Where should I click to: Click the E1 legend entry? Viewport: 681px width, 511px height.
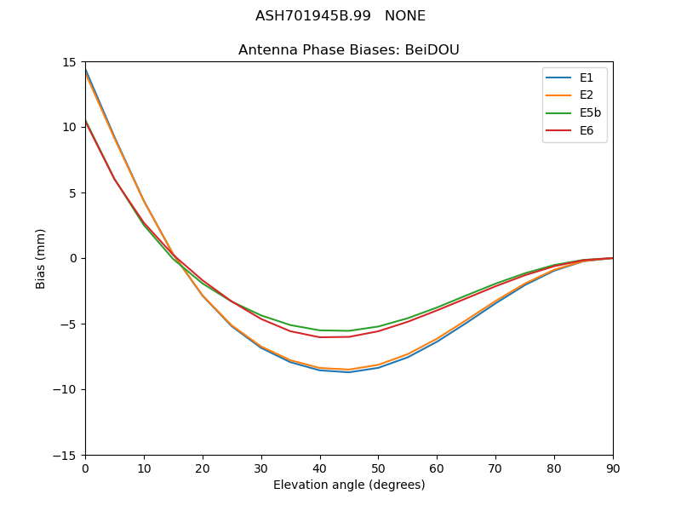[x=587, y=78]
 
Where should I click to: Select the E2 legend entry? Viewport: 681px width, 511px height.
[x=587, y=95]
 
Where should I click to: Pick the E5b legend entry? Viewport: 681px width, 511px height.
[x=590, y=113]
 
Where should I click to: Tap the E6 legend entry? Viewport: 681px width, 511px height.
[x=587, y=131]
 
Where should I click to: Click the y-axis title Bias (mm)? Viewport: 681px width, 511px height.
[x=41, y=258]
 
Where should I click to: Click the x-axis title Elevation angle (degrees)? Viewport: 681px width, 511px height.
[x=349, y=485]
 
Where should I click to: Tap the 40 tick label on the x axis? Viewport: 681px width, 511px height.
[x=320, y=468]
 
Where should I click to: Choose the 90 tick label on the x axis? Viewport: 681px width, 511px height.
[x=613, y=468]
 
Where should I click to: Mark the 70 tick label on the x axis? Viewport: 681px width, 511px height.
[x=495, y=468]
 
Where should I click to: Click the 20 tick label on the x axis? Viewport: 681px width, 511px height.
[x=203, y=468]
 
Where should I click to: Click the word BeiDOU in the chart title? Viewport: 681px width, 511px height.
[x=432, y=50]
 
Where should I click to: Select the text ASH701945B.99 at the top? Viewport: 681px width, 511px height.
[x=313, y=16]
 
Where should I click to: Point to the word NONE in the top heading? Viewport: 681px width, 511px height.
[x=405, y=16]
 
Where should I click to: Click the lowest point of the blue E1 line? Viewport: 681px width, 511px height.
[x=349, y=372]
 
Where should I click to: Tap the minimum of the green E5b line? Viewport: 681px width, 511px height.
[x=349, y=330]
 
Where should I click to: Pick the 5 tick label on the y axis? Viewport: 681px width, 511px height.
[x=72, y=192]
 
